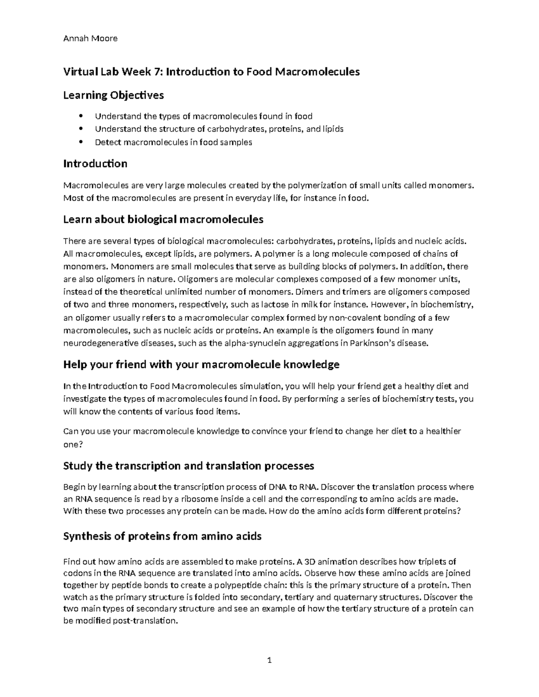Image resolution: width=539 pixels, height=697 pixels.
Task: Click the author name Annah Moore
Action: tap(90, 39)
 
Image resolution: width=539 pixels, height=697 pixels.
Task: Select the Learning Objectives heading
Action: tap(113, 95)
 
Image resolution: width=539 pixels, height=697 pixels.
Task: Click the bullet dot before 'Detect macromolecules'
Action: tap(81, 142)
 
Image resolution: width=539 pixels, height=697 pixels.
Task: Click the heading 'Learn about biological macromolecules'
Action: tap(163, 219)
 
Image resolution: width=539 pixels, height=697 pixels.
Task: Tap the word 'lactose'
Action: tap(275, 305)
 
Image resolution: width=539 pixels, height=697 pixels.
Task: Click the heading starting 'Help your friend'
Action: tap(201, 364)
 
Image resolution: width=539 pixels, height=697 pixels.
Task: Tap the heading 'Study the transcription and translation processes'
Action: tap(189, 466)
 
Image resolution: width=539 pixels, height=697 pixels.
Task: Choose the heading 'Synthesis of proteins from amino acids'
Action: tap(162, 536)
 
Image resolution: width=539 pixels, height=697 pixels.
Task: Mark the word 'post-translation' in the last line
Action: tap(130, 621)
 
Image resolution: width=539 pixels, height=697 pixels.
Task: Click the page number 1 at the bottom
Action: tap(269, 660)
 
